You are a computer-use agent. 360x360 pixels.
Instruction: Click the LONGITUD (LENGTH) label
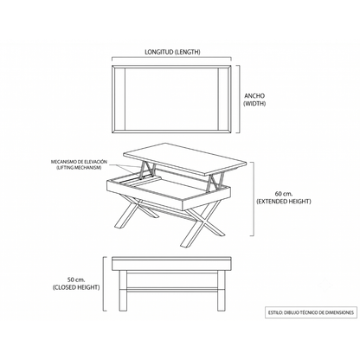click(x=172, y=52)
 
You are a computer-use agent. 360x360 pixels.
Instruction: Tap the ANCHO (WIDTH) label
click(x=254, y=100)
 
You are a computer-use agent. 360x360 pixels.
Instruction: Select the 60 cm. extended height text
click(x=284, y=197)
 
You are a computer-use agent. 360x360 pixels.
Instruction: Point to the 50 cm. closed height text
click(x=76, y=283)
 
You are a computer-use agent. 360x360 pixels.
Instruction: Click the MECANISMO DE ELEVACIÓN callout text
click(x=79, y=164)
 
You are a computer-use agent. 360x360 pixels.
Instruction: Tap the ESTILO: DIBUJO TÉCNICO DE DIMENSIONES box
click(x=311, y=312)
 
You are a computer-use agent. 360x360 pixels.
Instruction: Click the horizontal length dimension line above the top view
click(x=171, y=59)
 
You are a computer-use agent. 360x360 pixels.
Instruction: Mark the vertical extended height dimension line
click(x=253, y=199)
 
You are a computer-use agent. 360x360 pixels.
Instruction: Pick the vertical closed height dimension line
click(x=105, y=284)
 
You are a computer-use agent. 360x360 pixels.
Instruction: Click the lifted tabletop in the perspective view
click(x=185, y=158)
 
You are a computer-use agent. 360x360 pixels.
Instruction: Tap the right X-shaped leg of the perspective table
click(x=202, y=223)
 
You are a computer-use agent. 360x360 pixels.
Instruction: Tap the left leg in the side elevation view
click(x=123, y=291)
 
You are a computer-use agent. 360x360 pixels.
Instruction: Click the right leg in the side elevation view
click(x=221, y=291)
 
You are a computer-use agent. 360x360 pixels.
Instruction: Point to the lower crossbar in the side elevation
click(x=172, y=290)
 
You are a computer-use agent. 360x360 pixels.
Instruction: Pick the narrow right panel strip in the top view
click(x=223, y=99)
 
